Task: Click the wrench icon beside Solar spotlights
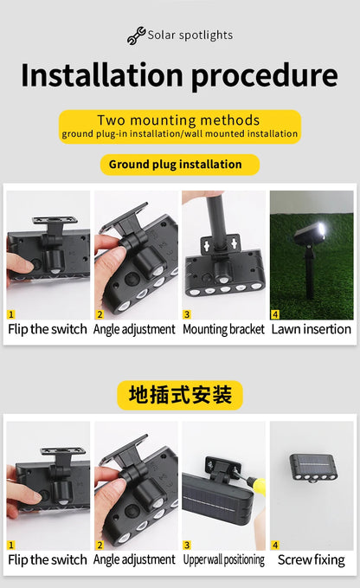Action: point(137,36)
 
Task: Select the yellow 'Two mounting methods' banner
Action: point(179,126)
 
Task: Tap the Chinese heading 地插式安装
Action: point(180,396)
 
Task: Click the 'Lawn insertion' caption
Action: point(312,329)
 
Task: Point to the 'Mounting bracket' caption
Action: point(224,329)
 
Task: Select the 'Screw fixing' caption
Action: point(312,559)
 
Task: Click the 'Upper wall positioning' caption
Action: point(224,559)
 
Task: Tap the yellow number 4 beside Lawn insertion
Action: point(275,314)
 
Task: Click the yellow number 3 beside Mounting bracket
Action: point(187,314)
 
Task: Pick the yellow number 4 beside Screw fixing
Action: point(275,545)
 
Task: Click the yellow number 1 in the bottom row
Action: point(11,545)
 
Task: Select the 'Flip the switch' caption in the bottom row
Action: point(48,559)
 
